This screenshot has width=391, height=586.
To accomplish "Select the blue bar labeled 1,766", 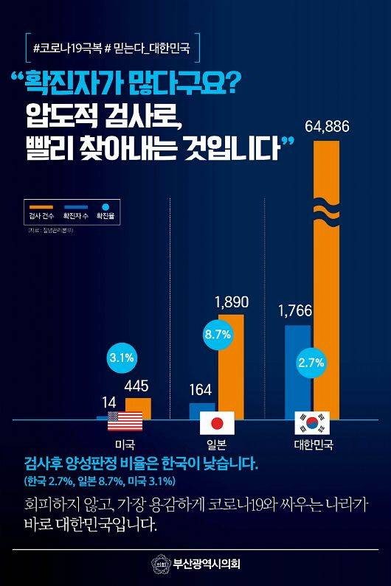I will tap(297, 369).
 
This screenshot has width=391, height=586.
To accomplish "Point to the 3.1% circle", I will tap(121, 358).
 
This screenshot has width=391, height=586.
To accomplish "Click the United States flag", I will tap(123, 422).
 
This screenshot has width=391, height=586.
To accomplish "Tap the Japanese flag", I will tap(217, 423).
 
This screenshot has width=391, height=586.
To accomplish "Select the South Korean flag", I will tap(311, 423).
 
